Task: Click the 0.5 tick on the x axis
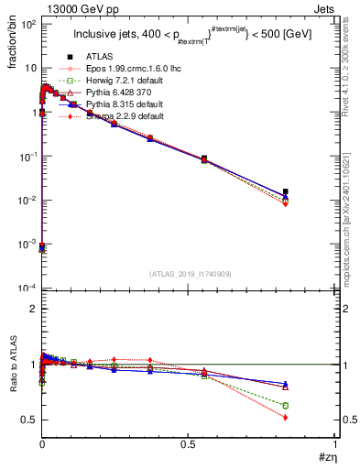coord(189,442)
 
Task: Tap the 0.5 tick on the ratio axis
coord(29,420)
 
